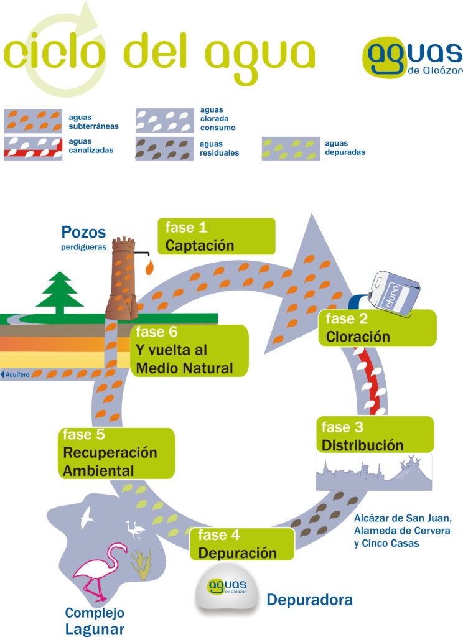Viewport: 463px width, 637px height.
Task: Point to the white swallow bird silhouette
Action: pyautogui.click(x=88, y=516)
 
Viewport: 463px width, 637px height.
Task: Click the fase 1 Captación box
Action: pyautogui.click(x=216, y=236)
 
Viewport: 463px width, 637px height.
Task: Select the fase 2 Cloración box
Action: pyautogui.click(x=377, y=328)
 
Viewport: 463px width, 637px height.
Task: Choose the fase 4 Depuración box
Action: pyautogui.click(x=243, y=544)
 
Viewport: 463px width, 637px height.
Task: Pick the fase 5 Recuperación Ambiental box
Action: pyautogui.click(x=117, y=453)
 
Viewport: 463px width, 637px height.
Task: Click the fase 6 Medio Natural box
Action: pyautogui.click(x=190, y=351)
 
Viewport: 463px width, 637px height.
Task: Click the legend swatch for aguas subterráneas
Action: pyautogui.click(x=33, y=120)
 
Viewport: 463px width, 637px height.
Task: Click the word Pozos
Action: pyautogui.click(x=84, y=233)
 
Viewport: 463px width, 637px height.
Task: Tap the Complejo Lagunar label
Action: pyautogui.click(x=95, y=621)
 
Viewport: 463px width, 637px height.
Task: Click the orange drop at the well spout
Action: pyautogui.click(x=149, y=267)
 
